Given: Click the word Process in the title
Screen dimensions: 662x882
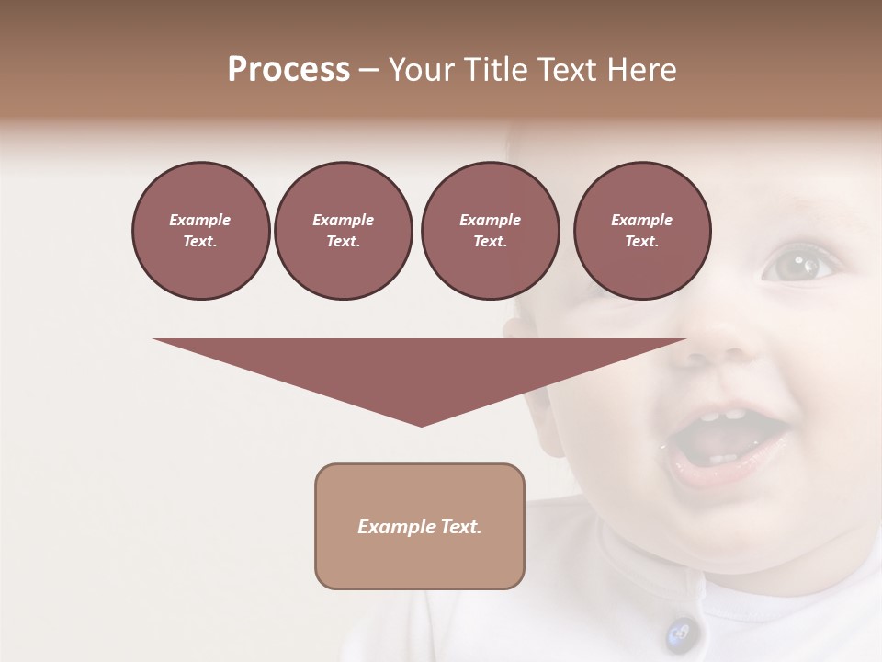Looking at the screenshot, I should pyautogui.click(x=288, y=70).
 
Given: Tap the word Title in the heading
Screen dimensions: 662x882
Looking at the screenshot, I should pyautogui.click(x=492, y=70).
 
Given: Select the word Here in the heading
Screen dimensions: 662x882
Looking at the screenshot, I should pyautogui.click(x=642, y=70).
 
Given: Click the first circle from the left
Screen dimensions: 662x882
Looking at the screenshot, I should pyautogui.click(x=200, y=231).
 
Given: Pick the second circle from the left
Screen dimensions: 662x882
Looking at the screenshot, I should pyautogui.click(x=343, y=231).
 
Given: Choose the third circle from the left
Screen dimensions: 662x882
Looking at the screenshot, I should pyautogui.click(x=490, y=231).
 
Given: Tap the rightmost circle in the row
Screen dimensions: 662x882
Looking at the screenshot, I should pyautogui.click(x=641, y=231).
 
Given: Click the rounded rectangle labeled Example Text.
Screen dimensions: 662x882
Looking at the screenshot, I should pyautogui.click(x=420, y=526).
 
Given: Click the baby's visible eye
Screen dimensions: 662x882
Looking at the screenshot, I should pyautogui.click(x=796, y=266).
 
